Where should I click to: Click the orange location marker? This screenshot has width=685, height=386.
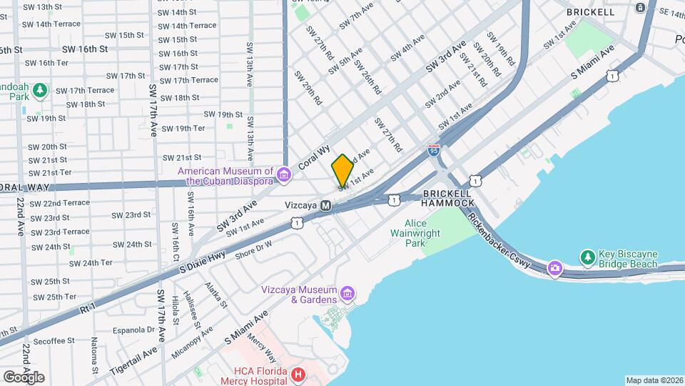(x=342, y=170)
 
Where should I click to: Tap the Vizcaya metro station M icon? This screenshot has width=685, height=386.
(x=325, y=205)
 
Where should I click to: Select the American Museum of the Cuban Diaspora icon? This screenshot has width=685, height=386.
(x=284, y=175)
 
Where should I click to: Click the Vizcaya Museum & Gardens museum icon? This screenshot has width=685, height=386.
(x=347, y=294)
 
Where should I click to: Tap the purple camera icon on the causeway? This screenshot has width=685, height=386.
(x=554, y=269)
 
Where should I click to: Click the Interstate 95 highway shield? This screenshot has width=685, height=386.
(x=434, y=150)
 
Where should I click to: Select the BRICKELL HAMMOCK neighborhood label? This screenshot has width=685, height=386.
(x=447, y=198)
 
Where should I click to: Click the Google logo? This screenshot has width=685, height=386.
(x=24, y=377)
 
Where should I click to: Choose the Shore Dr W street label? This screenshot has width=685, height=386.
(x=253, y=248)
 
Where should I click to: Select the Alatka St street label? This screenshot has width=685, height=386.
(x=215, y=295)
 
